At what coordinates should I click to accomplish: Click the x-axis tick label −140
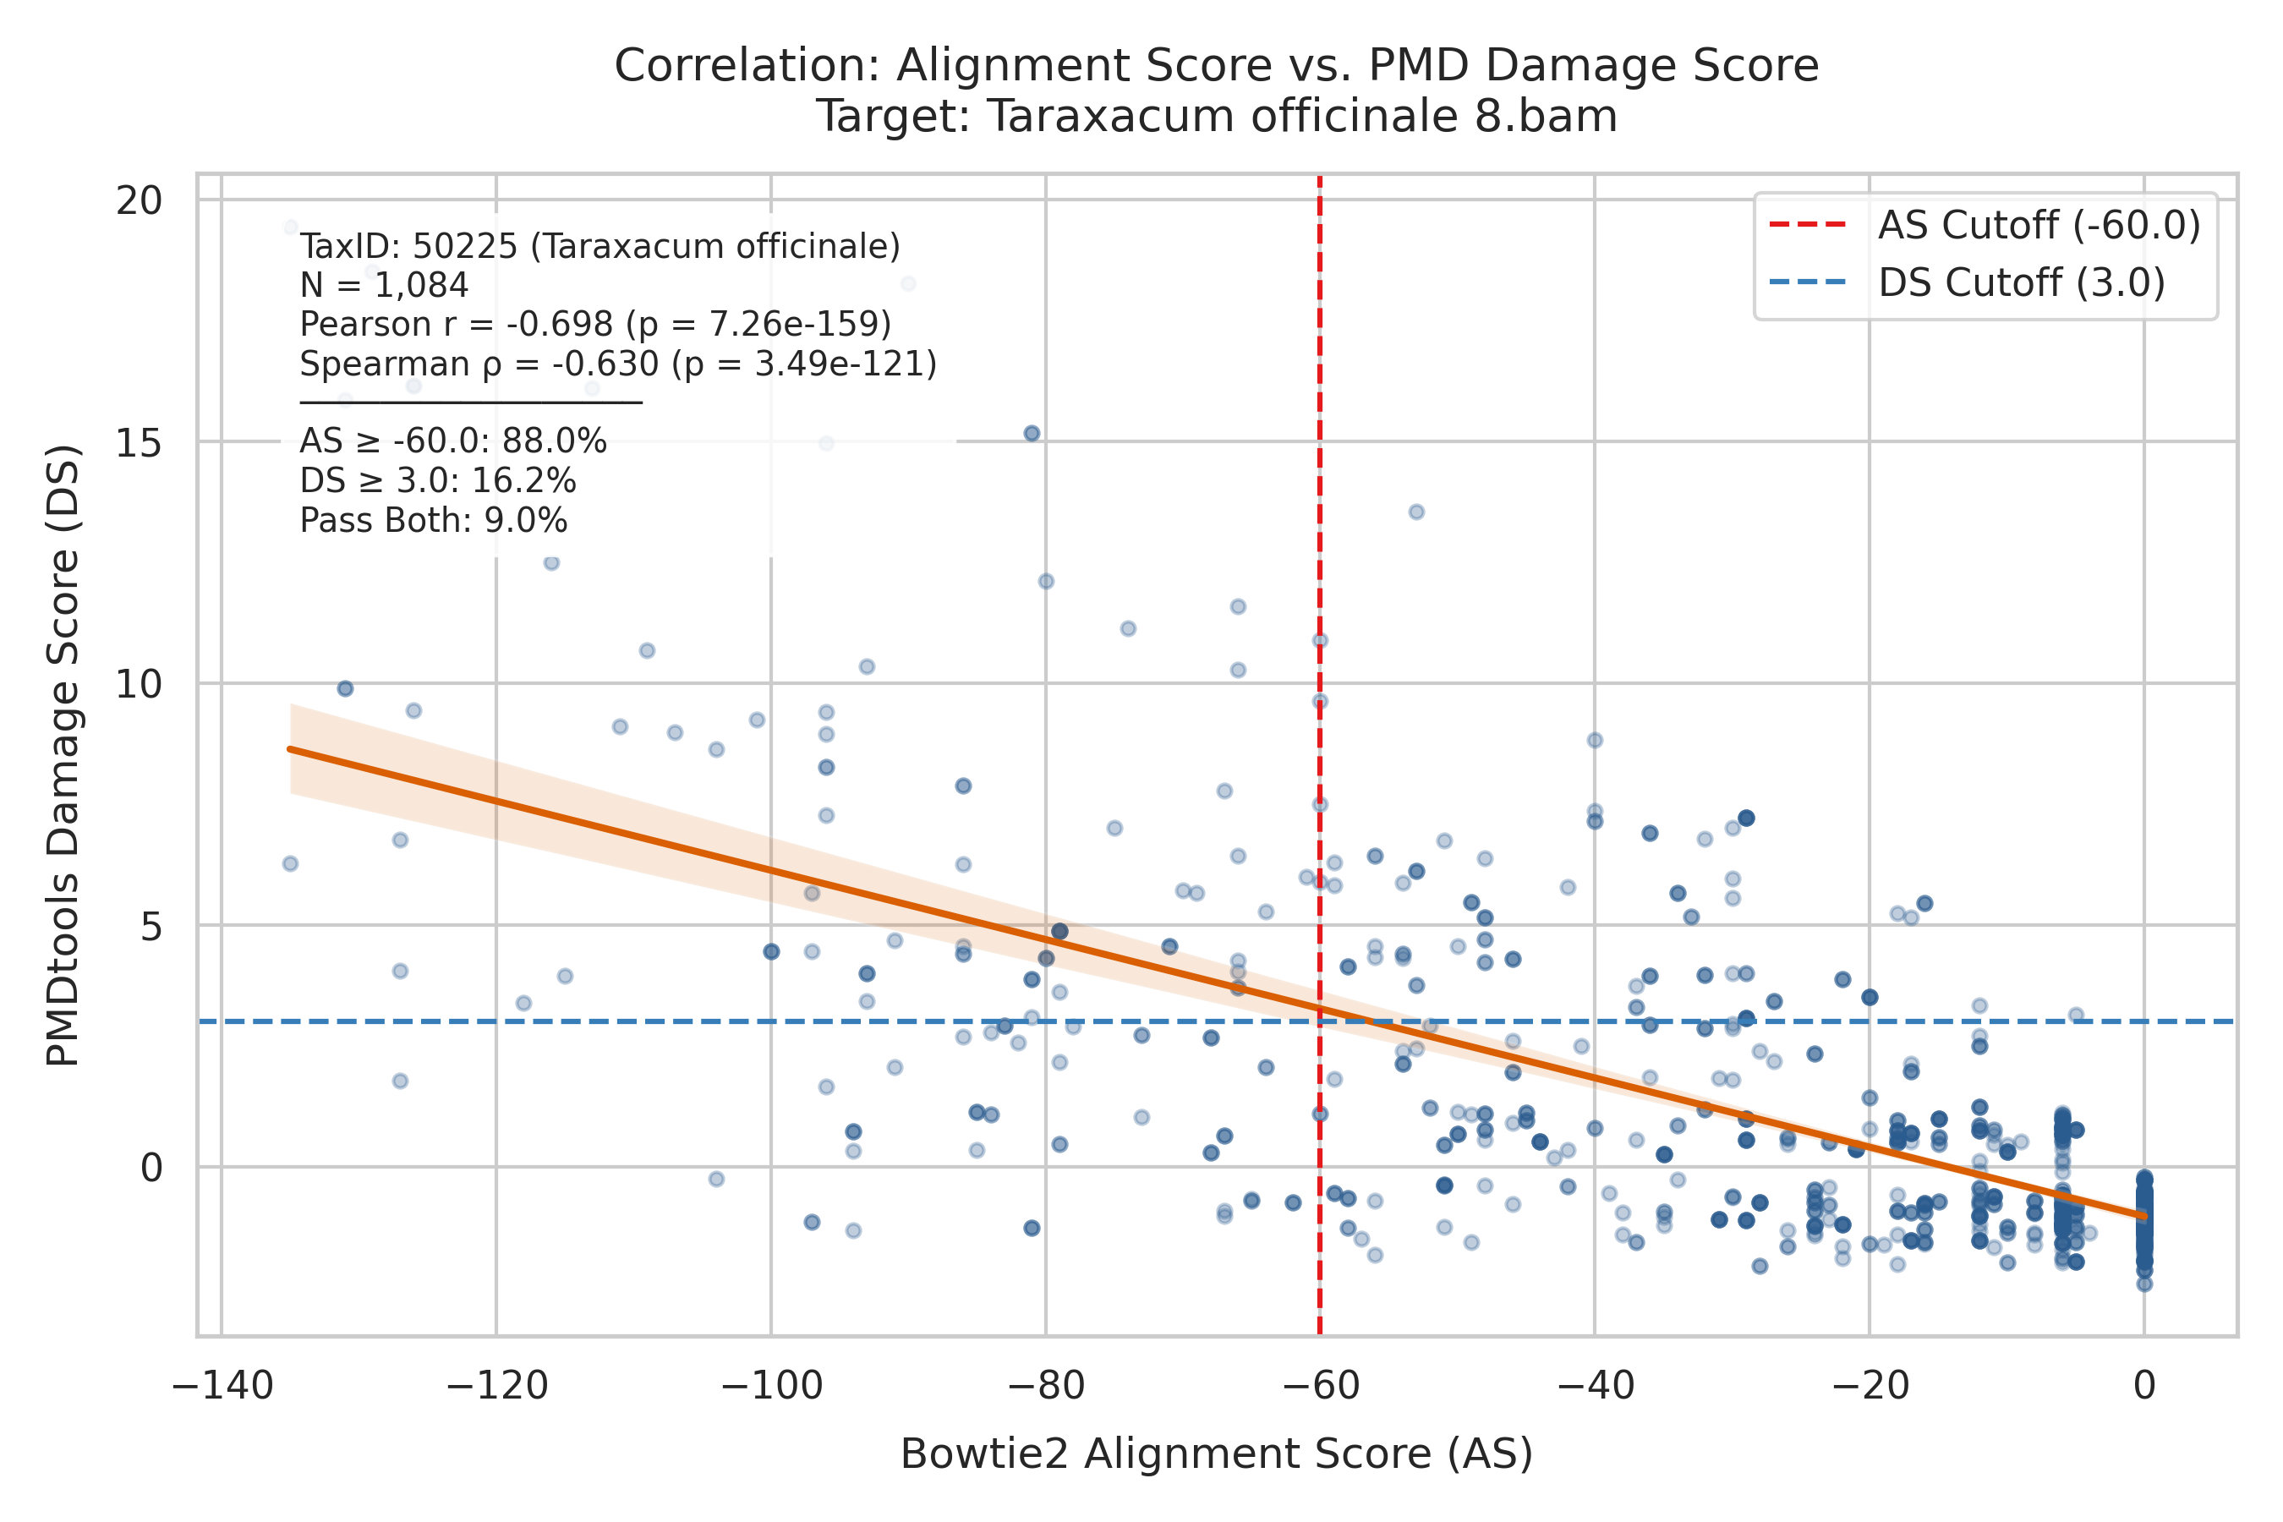(x=222, y=1386)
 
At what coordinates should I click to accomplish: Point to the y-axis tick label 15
(x=139, y=442)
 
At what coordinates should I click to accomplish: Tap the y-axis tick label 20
(x=139, y=201)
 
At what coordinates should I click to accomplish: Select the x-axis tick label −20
(x=1869, y=1386)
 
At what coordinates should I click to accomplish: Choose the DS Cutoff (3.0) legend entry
(x=1968, y=283)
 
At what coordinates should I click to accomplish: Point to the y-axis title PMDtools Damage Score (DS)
(x=63, y=755)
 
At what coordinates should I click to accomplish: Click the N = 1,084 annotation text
(x=385, y=286)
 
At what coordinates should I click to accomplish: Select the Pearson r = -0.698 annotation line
(x=596, y=324)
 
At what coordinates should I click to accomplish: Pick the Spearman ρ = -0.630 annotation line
(x=618, y=364)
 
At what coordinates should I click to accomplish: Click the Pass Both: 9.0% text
(x=434, y=521)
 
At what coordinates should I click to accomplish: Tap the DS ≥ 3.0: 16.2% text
(x=439, y=481)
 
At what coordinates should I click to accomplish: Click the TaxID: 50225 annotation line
(x=599, y=247)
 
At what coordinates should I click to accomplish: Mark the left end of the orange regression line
(x=289, y=748)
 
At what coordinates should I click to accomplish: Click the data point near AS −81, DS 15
(x=1032, y=433)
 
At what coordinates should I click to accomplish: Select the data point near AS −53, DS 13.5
(x=1416, y=512)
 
